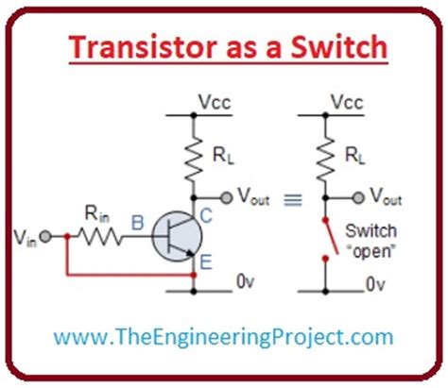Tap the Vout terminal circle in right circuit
pos(356,197)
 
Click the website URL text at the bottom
pos(223,336)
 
